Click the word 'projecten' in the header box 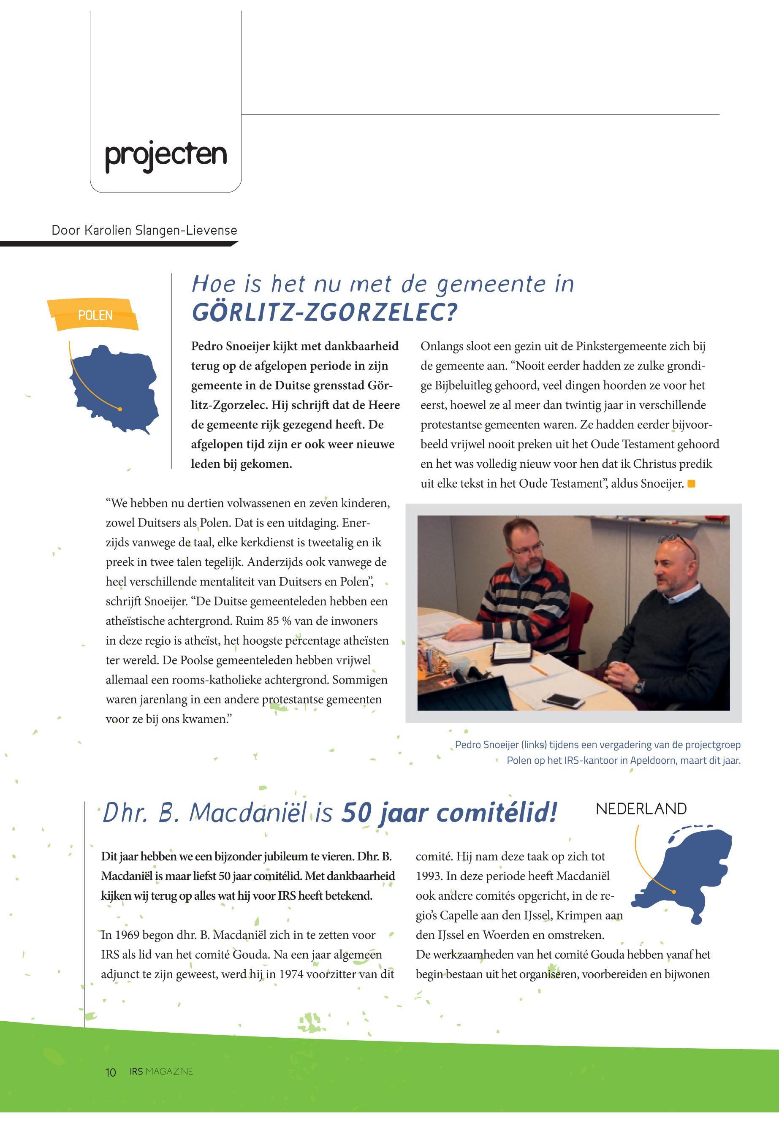166,155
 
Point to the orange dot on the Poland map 120,409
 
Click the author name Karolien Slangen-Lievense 160,231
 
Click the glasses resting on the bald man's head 679,542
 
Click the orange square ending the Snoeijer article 691,484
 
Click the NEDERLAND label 641,809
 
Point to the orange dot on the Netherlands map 673,892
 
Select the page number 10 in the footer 111,1072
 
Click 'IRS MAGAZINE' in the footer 161,1072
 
